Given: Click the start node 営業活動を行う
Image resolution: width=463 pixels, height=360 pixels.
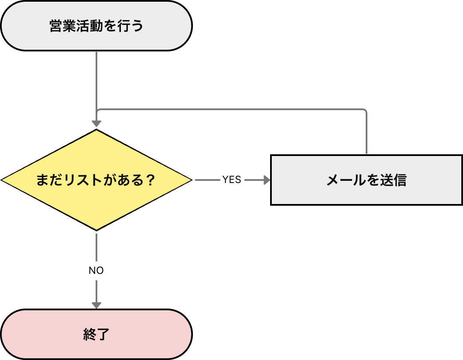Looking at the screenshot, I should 96,26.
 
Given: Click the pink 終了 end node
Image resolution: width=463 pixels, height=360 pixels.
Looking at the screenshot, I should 96,334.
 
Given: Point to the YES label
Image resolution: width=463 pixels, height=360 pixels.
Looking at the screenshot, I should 232,180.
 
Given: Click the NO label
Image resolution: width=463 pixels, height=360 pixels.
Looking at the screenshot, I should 96,271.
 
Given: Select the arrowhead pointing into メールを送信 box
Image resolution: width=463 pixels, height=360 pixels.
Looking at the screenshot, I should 267,180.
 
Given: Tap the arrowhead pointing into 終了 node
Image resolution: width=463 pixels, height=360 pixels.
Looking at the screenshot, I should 96,305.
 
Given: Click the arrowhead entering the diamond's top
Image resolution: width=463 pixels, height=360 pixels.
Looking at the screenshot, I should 96,124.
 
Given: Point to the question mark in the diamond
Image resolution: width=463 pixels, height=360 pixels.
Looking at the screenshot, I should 150,180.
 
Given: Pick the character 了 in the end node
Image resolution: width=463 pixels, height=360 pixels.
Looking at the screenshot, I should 104,334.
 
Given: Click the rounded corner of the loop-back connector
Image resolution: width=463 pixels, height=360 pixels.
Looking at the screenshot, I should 365,111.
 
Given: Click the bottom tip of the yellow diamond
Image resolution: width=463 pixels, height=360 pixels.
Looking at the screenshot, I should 96,230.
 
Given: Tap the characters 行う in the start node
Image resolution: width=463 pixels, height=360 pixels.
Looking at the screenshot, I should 132,26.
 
